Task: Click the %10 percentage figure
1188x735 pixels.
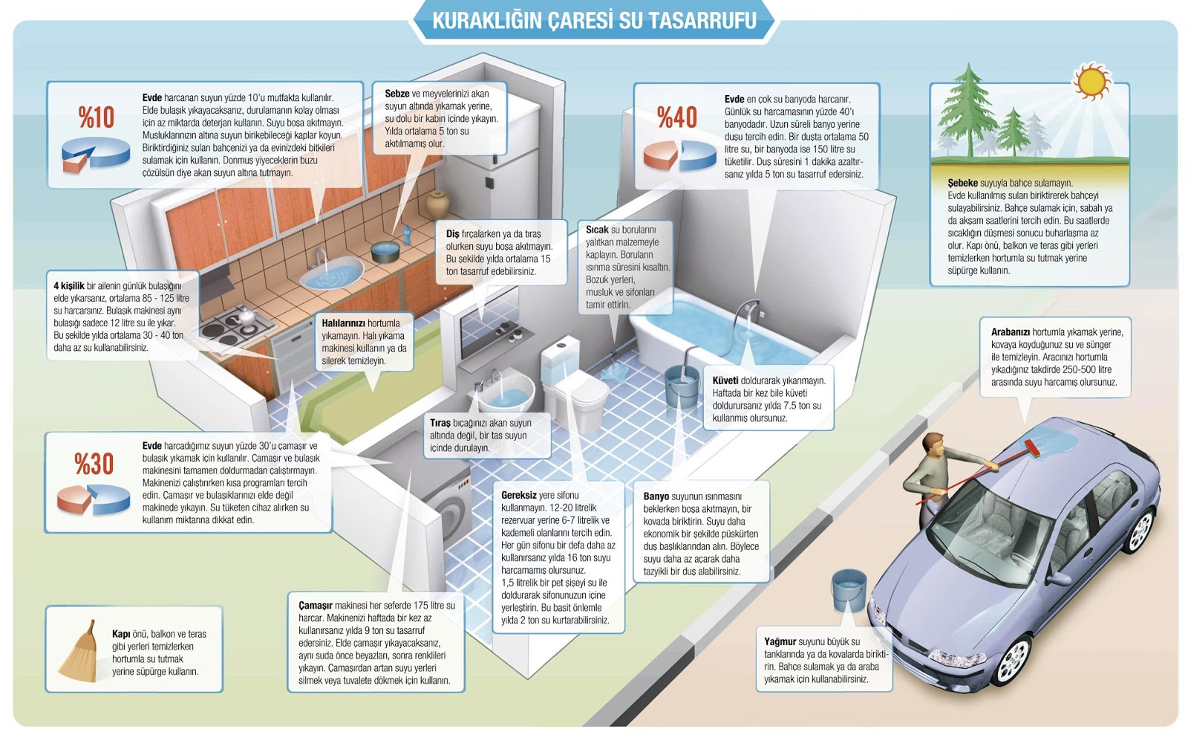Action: [x=97, y=117]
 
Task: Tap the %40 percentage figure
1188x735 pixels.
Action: [x=677, y=117]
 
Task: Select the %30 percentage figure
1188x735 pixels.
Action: [x=94, y=464]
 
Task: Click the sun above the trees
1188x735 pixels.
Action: [x=1091, y=80]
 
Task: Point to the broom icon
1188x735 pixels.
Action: [x=79, y=652]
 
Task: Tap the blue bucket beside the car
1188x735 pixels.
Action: [x=849, y=589]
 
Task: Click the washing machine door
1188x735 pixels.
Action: [x=451, y=513]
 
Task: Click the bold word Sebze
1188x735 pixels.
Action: [x=396, y=94]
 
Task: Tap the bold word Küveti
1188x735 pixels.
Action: [x=725, y=381]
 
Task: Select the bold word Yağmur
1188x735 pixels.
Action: [x=780, y=641]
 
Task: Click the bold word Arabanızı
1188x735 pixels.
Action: [x=1010, y=332]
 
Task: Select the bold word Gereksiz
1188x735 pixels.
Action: [x=518, y=495]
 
